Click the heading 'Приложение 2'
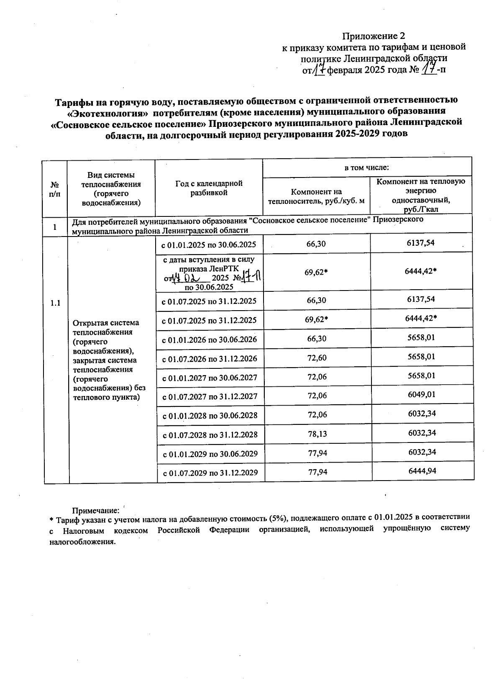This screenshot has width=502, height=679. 374,36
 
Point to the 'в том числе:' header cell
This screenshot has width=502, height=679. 366,168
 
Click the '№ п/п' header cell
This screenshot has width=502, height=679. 55,189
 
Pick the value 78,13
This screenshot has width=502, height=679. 317,434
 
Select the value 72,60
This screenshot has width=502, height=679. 317,358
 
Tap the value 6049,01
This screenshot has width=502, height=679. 422,395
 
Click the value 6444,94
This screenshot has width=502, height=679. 422,471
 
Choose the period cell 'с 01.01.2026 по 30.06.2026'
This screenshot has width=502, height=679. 210,339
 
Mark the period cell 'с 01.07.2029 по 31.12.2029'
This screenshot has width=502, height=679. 210,473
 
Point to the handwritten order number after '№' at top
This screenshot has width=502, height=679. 428,68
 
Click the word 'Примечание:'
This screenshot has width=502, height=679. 96,511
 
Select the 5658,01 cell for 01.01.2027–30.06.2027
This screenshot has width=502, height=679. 422,376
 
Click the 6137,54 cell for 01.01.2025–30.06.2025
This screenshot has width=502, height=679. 420,243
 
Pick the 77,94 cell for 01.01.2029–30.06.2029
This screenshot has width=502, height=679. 317,453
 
